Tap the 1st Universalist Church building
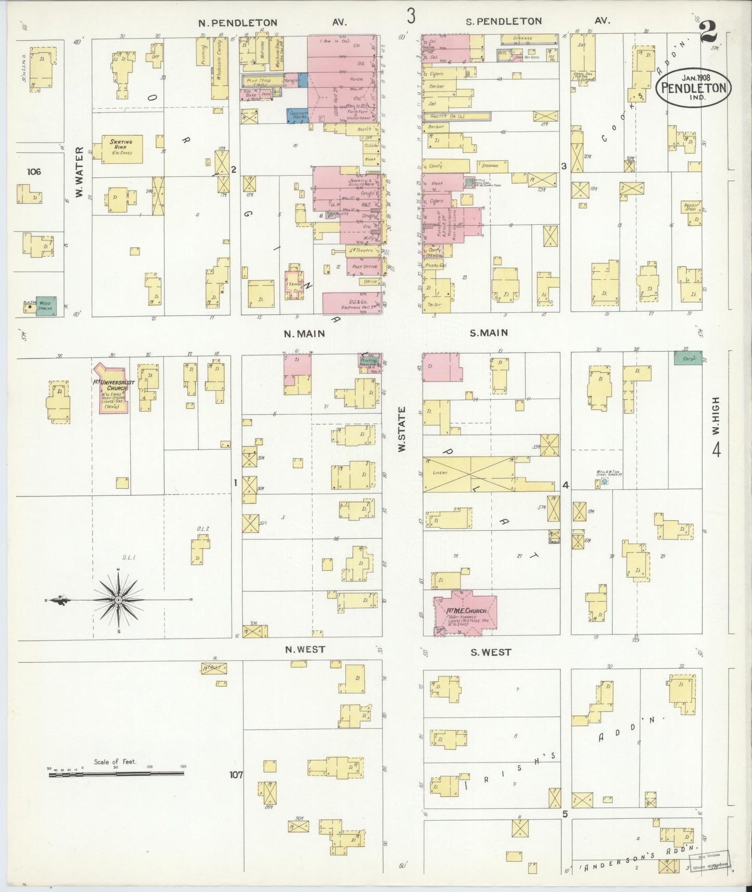pyautogui.click(x=119, y=390)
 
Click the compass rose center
pyautogui.click(x=119, y=600)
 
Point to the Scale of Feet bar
pyautogui.click(x=116, y=774)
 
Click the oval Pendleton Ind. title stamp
pyautogui.click(x=693, y=89)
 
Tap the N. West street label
pyautogui.click(x=304, y=649)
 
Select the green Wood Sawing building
pyautogui.click(x=45, y=304)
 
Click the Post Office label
pyautogui.click(x=364, y=266)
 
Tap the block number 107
pyautogui.click(x=236, y=774)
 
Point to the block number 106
pyautogui.click(x=35, y=171)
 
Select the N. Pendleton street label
pyautogui.click(x=238, y=22)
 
